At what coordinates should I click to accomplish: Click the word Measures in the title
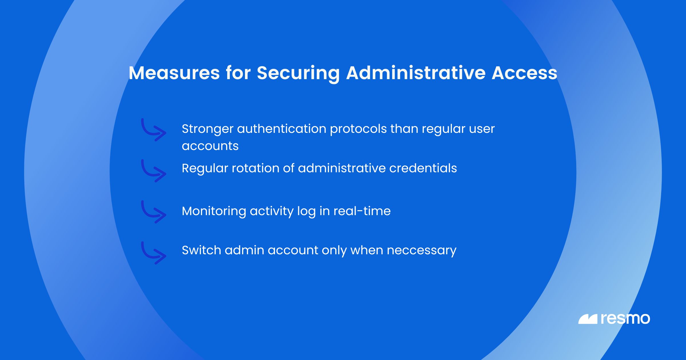coord(174,73)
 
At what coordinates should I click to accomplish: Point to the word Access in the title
coord(524,73)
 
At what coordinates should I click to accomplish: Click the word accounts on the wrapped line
coord(210,146)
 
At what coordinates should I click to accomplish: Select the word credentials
coord(423,168)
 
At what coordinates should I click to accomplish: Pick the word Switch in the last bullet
coord(202,250)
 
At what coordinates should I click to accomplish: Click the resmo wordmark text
coord(625,319)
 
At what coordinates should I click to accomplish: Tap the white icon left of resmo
coord(588,319)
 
